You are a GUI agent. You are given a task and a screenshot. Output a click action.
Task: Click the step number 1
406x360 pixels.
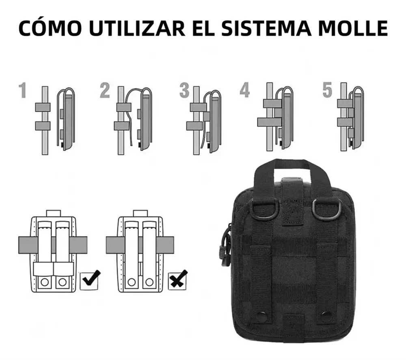(x=23, y=91)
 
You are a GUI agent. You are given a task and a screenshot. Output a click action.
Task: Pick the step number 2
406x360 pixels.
(x=105, y=91)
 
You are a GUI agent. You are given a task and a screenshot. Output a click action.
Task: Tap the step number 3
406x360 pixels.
(x=184, y=91)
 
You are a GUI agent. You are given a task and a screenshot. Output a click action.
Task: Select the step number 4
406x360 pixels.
(x=244, y=91)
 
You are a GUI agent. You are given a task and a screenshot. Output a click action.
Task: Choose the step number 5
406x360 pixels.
(x=327, y=91)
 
